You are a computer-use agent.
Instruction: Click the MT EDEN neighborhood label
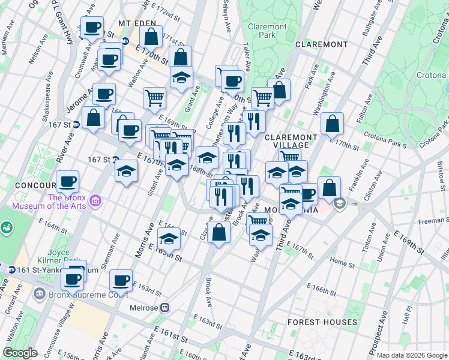(x=133, y=23)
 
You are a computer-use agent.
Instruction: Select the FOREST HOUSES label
(x=322, y=322)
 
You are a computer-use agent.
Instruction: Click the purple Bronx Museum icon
(x=94, y=202)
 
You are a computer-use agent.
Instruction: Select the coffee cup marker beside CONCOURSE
(x=68, y=181)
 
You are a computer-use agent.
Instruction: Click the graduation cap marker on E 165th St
(x=169, y=238)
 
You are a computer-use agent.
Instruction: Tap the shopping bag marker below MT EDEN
(x=152, y=36)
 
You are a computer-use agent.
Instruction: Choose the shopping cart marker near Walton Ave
(x=155, y=97)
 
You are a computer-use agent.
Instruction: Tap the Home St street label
(x=342, y=262)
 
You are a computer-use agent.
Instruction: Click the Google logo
(x=20, y=352)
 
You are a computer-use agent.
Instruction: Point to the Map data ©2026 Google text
(x=412, y=355)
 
